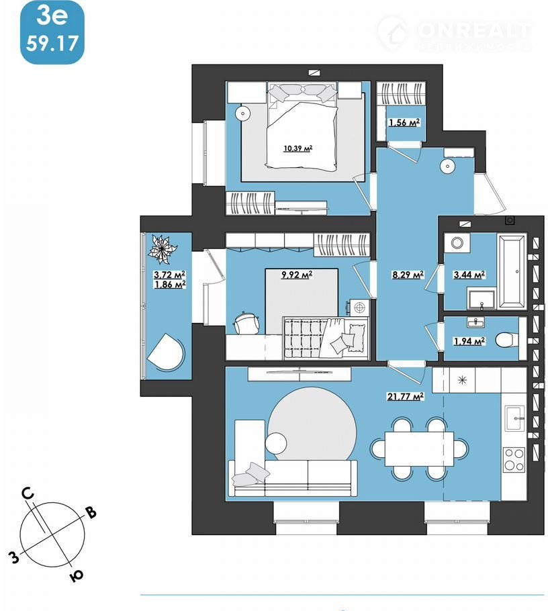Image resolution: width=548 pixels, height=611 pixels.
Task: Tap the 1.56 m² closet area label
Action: pyautogui.click(x=404, y=122)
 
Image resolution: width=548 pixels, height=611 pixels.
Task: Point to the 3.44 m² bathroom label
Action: pyautogui.click(x=470, y=274)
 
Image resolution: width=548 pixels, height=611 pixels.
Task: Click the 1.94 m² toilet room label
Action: pyautogui.click(x=469, y=341)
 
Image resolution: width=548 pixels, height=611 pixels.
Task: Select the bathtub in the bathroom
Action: pyautogui.click(x=513, y=270)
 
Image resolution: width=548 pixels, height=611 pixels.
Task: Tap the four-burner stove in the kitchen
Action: pyautogui.click(x=514, y=460)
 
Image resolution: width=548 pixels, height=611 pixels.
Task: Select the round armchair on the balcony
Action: pyautogui.click(x=165, y=352)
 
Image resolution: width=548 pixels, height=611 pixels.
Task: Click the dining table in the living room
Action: pyautogui.click(x=419, y=448)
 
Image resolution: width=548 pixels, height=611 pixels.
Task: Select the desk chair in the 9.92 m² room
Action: pyautogui.click(x=248, y=322)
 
